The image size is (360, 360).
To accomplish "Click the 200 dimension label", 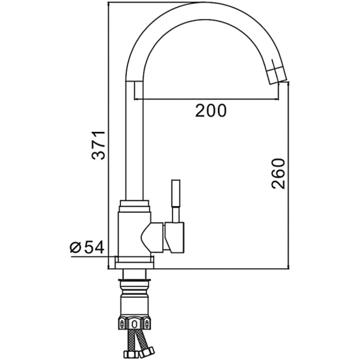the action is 211,110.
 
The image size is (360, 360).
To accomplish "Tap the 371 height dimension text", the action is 98,145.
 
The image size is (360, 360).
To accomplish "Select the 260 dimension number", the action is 278,174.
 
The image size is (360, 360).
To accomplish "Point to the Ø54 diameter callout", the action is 87,247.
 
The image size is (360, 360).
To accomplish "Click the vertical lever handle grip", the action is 176,193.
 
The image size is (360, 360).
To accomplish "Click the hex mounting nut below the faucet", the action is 134,323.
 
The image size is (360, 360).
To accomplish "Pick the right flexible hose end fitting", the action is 147,352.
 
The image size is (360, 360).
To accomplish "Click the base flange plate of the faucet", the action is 134,262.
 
